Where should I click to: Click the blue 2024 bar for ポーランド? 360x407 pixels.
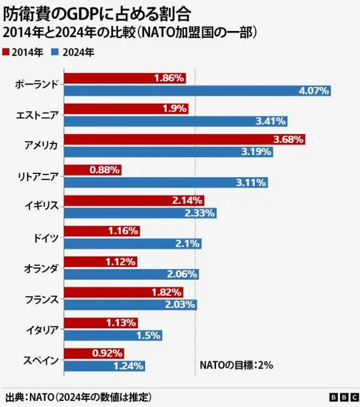click(x=197, y=91)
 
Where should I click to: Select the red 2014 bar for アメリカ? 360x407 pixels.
click(x=184, y=139)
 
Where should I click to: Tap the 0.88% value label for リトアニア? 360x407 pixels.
click(x=105, y=169)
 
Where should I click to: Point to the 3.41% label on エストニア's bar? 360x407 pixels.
click(x=271, y=121)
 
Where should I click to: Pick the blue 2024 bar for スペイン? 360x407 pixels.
click(x=105, y=366)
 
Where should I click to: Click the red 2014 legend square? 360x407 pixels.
click(x=6, y=52)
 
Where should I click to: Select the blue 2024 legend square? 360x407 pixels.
click(x=55, y=52)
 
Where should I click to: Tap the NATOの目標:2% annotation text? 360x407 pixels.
click(x=236, y=365)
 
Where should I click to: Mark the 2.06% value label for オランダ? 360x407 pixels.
click(x=182, y=274)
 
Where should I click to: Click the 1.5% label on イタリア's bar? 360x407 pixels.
click(x=149, y=335)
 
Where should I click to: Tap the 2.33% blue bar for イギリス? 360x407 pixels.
click(x=141, y=213)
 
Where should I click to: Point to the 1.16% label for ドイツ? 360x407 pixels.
click(x=123, y=231)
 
